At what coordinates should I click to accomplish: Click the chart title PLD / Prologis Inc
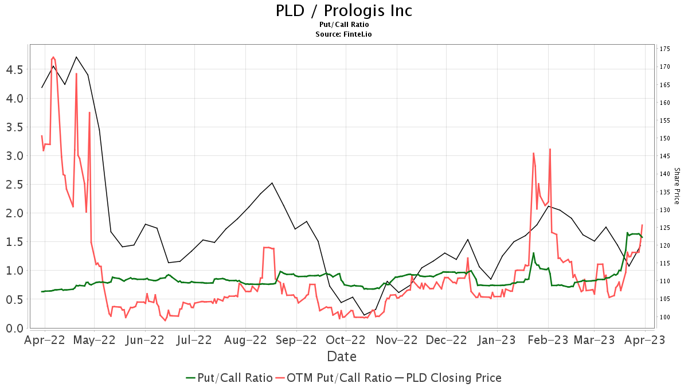(x=343, y=11)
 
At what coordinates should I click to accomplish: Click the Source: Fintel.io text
(x=343, y=34)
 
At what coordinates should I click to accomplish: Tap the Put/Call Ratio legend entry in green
(x=229, y=378)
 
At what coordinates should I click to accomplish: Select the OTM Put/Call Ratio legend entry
(x=334, y=378)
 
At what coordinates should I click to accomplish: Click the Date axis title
(x=342, y=357)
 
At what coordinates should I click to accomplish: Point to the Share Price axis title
(x=677, y=186)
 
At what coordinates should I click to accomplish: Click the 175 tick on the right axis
(x=665, y=49)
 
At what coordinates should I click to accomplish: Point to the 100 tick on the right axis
(x=665, y=317)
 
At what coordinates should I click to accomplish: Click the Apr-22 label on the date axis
(x=45, y=340)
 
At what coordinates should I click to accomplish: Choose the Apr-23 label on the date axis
(x=646, y=340)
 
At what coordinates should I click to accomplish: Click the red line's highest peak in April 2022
(x=53, y=57)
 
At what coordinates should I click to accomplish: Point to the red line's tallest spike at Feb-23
(x=550, y=149)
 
